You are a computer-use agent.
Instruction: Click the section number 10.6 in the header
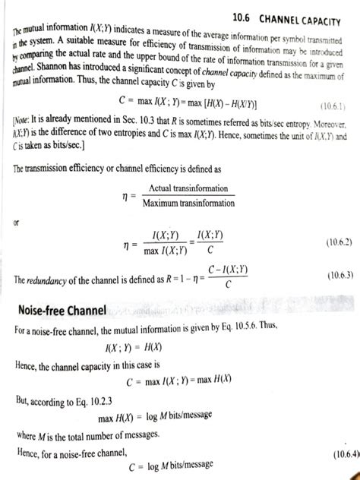[248, 17]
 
